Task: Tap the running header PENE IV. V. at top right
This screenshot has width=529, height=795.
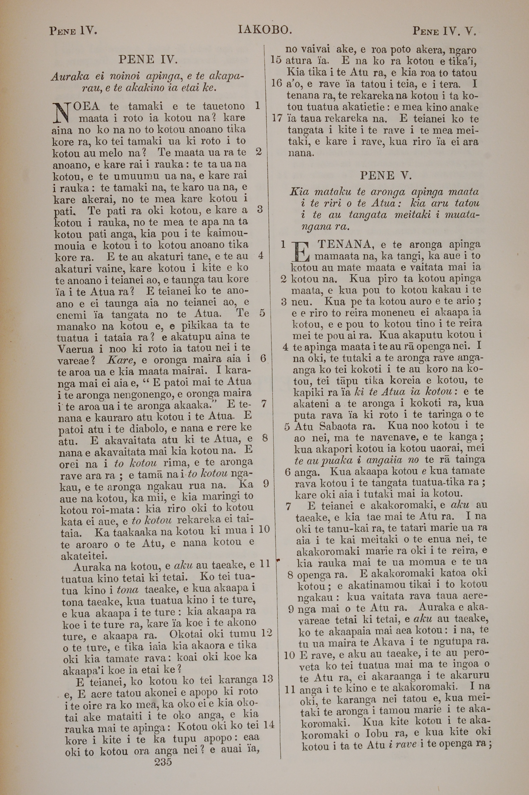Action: (x=444, y=32)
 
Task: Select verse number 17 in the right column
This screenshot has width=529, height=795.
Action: (x=277, y=118)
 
